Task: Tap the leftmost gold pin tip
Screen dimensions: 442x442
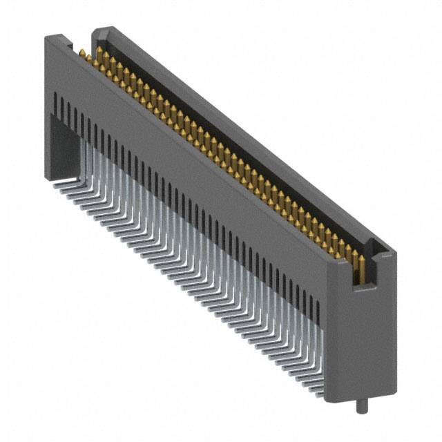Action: click(x=81, y=53)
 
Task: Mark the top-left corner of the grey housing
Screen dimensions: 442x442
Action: click(x=46, y=37)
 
